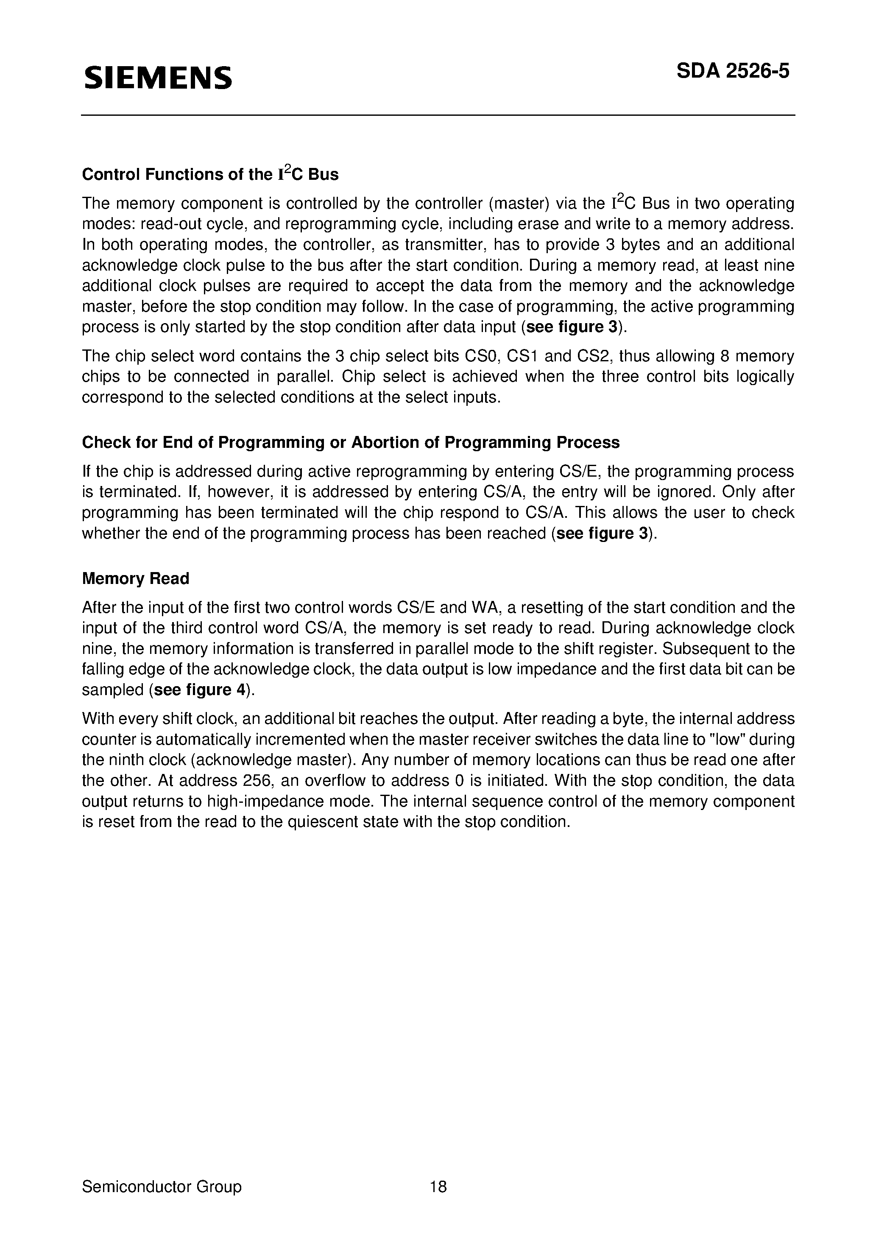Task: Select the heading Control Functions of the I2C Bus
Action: [210, 174]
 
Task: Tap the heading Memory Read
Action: [136, 578]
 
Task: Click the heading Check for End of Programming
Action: [351, 442]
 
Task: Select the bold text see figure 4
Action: [200, 690]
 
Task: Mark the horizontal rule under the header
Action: [438, 115]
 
